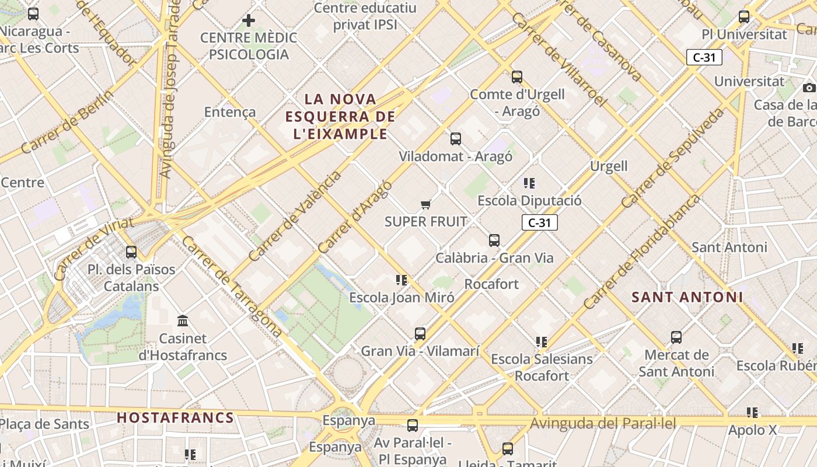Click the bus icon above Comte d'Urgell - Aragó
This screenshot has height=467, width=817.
click(x=517, y=76)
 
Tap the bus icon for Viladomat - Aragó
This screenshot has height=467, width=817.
click(x=456, y=139)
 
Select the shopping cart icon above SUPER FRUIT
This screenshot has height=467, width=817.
click(x=425, y=204)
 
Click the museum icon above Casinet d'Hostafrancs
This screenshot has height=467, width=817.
click(x=183, y=320)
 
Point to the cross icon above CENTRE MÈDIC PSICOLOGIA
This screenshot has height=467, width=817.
click(x=249, y=20)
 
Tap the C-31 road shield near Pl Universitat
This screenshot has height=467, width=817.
click(x=704, y=57)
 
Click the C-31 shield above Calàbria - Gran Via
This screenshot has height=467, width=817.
click(x=539, y=222)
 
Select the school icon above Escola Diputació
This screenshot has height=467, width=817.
click(x=529, y=183)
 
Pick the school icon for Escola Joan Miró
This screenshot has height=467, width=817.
click(x=401, y=280)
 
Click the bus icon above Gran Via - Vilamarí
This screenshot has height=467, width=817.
click(x=420, y=334)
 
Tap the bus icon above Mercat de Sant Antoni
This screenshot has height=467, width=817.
click(x=676, y=337)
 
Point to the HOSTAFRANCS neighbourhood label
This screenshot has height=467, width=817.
click(x=175, y=418)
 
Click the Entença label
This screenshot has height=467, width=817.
click(x=230, y=112)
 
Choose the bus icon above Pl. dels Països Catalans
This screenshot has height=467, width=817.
click(x=131, y=252)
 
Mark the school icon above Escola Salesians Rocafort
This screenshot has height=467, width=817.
click(x=541, y=342)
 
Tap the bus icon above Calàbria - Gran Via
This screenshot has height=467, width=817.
click(x=494, y=240)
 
